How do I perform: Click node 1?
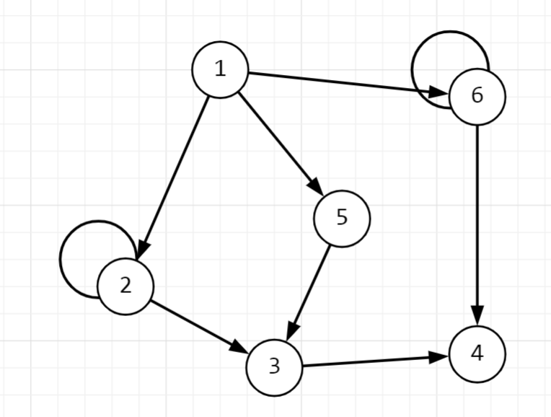tap(220, 69)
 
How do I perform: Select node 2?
tap(125, 286)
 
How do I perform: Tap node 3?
tap(274, 366)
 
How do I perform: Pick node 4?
tap(477, 354)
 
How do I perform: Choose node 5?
tap(342, 218)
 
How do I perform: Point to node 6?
tap(477, 96)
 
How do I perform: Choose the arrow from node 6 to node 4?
tap(477, 216)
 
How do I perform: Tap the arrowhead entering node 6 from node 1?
tap(439, 93)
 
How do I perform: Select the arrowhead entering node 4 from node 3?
tap(438, 356)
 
